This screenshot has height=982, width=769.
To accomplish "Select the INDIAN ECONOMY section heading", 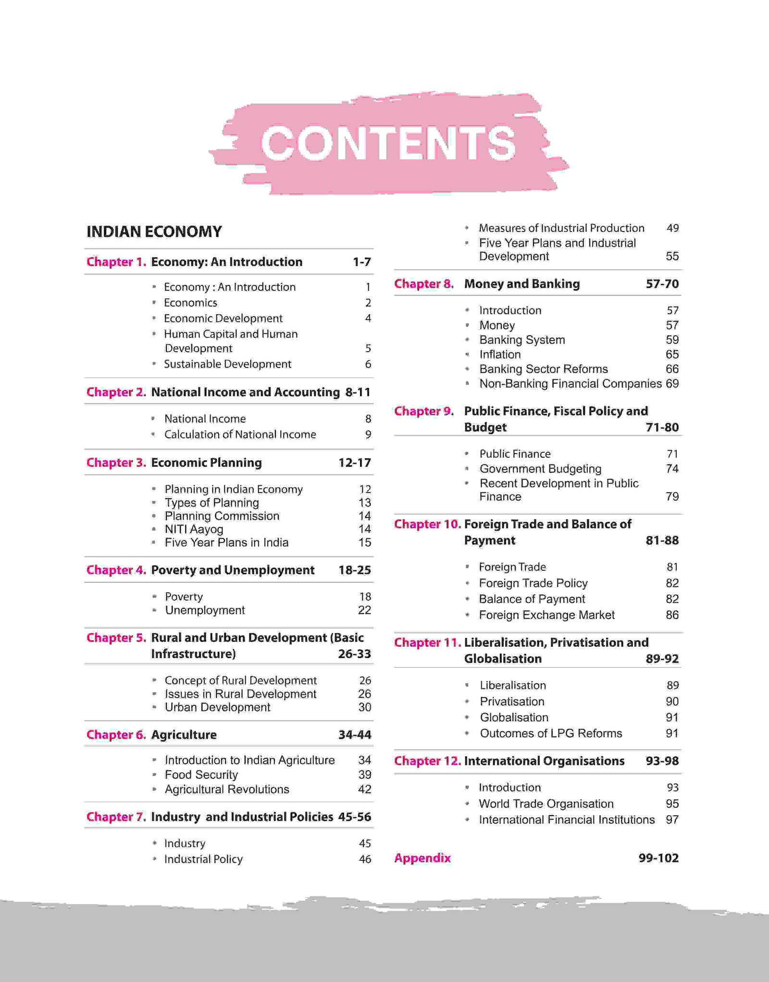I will click(154, 232).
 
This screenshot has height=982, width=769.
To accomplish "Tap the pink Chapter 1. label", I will click(116, 262).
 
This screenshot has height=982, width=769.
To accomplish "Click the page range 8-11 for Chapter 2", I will click(358, 392).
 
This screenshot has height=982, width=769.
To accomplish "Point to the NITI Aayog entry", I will click(194, 529).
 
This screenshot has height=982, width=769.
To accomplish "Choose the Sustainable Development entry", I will click(227, 364).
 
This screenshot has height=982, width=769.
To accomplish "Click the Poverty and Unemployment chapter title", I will click(233, 570).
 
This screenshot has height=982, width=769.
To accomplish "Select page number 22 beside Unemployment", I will click(364, 610).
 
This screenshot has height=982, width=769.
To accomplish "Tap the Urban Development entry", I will click(217, 707).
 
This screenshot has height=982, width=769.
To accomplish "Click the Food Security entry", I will click(201, 774).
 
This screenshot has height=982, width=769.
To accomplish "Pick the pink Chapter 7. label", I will click(116, 817).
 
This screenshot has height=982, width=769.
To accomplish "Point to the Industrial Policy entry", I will click(203, 859).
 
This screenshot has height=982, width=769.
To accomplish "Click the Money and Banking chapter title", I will click(522, 284).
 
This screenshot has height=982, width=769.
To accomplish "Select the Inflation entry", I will click(500, 355).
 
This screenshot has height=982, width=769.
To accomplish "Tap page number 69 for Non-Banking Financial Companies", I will click(672, 383).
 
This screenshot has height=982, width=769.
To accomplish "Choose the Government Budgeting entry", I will click(540, 468).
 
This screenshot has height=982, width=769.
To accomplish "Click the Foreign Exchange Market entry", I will click(546, 615).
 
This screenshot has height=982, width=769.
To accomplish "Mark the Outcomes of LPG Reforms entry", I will click(551, 733).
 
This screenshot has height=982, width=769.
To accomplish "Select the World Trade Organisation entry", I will click(546, 804).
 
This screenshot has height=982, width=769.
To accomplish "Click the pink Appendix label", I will click(422, 858).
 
